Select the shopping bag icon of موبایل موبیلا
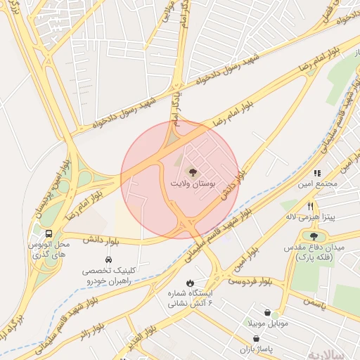pyautogui.click(x=267, y=312)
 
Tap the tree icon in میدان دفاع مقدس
pyautogui.click(x=313, y=236)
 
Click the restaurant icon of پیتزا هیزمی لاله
pyautogui.click(x=311, y=205)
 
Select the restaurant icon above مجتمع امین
pyautogui.click(x=317, y=172)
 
